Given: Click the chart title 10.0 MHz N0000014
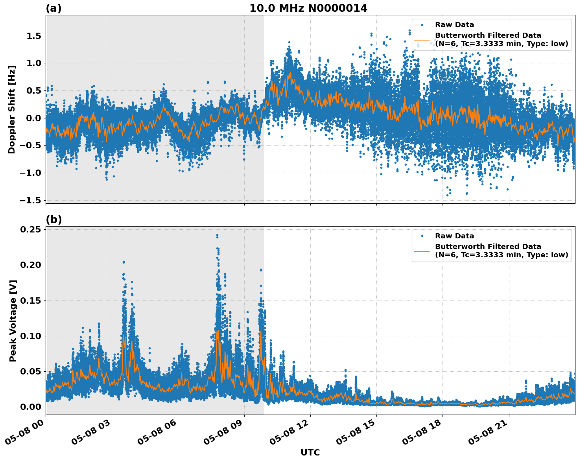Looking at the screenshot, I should pyautogui.click(x=308, y=8).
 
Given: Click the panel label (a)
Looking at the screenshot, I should pyautogui.click(x=53, y=8).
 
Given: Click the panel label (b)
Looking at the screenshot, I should pyautogui.click(x=53, y=219).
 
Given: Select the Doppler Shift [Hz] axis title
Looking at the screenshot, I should pyautogui.click(x=12, y=109).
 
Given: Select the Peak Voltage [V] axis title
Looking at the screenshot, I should pyautogui.click(x=13, y=321).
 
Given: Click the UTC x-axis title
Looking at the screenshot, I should pyautogui.click(x=310, y=452).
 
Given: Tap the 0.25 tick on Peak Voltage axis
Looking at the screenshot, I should pyautogui.click(x=32, y=229).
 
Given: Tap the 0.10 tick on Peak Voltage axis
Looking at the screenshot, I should pyautogui.click(x=32, y=336).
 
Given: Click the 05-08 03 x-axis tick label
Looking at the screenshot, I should pyautogui.click(x=93, y=434).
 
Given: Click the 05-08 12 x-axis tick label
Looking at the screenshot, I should pyautogui.click(x=292, y=434).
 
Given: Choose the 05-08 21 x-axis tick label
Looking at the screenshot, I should pyautogui.click(x=490, y=434).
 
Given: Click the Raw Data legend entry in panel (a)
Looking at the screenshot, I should pyautogui.click(x=454, y=25).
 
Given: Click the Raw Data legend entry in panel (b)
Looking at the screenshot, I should pyautogui.click(x=454, y=236).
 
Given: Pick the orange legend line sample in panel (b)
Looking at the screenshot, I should pyautogui.click(x=422, y=251).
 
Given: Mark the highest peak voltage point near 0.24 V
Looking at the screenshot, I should pyautogui.click(x=217, y=235).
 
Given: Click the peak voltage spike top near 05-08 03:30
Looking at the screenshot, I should pyautogui.click(x=124, y=262).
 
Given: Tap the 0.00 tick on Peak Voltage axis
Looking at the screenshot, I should pyautogui.click(x=32, y=407).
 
